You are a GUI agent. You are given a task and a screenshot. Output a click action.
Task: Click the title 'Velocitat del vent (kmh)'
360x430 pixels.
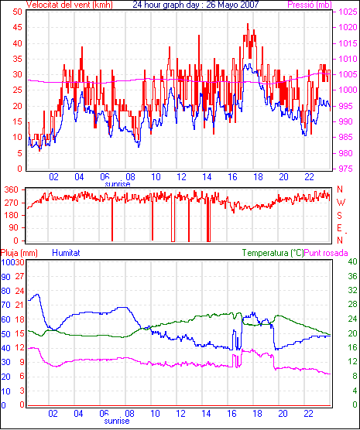(69, 5)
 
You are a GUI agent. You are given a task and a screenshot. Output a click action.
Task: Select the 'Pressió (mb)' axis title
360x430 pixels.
(310, 5)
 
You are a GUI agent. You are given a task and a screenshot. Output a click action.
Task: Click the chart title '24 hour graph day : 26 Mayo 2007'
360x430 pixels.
(196, 5)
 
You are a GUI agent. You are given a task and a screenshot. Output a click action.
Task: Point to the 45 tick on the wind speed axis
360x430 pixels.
(17, 27)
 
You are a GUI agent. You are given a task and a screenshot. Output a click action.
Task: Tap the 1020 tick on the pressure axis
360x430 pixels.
(348, 27)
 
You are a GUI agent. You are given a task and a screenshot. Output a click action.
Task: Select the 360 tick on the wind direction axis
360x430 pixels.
(11, 189)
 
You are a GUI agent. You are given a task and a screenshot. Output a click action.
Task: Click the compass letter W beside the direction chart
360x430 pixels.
(341, 203)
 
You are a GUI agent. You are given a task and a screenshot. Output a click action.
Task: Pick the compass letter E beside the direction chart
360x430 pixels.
(339, 228)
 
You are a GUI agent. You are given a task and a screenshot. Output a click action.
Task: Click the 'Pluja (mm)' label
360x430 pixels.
(19, 253)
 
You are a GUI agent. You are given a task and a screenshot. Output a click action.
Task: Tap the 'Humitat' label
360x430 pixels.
(66, 253)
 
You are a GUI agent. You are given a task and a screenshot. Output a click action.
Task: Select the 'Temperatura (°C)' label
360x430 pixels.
(273, 253)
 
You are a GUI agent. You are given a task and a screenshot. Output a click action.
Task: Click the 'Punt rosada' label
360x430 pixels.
(326, 253)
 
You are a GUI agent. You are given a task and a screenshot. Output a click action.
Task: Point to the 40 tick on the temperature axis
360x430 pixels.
(352, 261)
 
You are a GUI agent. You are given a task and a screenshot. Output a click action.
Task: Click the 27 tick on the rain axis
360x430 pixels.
(19, 276)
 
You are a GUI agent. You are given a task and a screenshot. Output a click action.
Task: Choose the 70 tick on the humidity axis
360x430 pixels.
(5, 305)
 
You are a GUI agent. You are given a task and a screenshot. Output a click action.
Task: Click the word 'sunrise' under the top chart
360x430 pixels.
(118, 184)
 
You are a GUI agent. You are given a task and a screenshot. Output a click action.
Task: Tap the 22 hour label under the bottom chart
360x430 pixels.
(308, 413)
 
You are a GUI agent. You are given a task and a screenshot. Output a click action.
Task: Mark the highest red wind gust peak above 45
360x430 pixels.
(248, 24)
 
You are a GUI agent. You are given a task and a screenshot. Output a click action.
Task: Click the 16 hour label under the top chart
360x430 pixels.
(232, 177)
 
